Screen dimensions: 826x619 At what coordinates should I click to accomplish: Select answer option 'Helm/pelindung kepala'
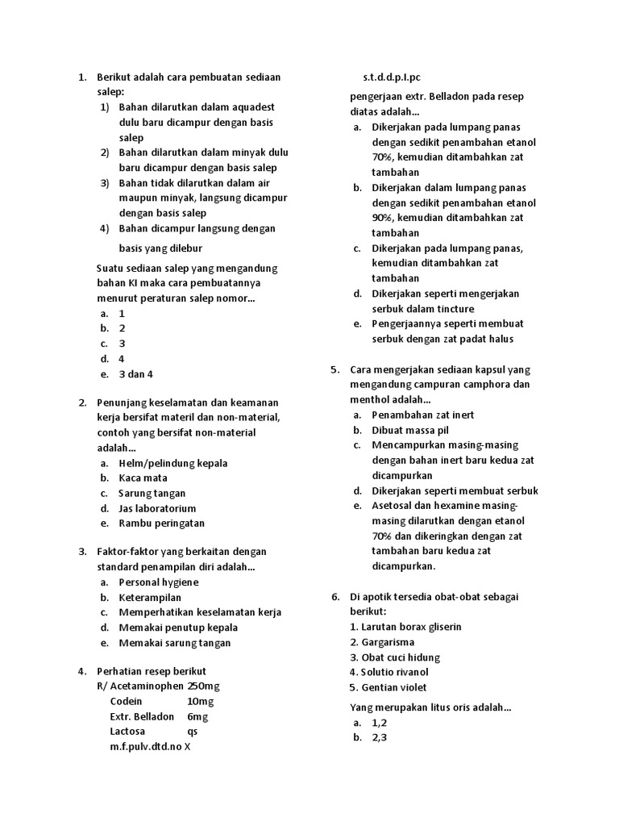point(172,463)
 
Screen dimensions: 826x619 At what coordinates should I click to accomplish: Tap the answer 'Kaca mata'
point(143,478)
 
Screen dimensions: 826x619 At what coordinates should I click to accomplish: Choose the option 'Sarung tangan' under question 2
point(152,494)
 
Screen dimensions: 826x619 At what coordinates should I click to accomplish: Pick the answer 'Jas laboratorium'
point(157,509)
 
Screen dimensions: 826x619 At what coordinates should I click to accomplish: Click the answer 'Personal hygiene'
point(158,582)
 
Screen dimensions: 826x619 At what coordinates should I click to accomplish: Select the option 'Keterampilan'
point(150,598)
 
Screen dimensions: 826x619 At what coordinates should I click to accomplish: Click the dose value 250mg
point(204,686)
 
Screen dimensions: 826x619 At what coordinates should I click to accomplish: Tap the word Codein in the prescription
point(127,701)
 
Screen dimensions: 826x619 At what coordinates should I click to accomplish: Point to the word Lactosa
point(128,731)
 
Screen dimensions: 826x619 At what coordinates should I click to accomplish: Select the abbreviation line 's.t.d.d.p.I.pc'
point(392,77)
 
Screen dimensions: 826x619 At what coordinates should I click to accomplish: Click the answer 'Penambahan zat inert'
point(422,415)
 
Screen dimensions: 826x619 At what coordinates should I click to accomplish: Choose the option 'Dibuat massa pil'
point(410,430)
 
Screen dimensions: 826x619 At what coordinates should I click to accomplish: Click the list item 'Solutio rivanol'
point(389,672)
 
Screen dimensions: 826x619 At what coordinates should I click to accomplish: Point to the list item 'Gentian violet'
point(388,687)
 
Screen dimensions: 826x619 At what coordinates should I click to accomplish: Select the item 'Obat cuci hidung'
point(395,657)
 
